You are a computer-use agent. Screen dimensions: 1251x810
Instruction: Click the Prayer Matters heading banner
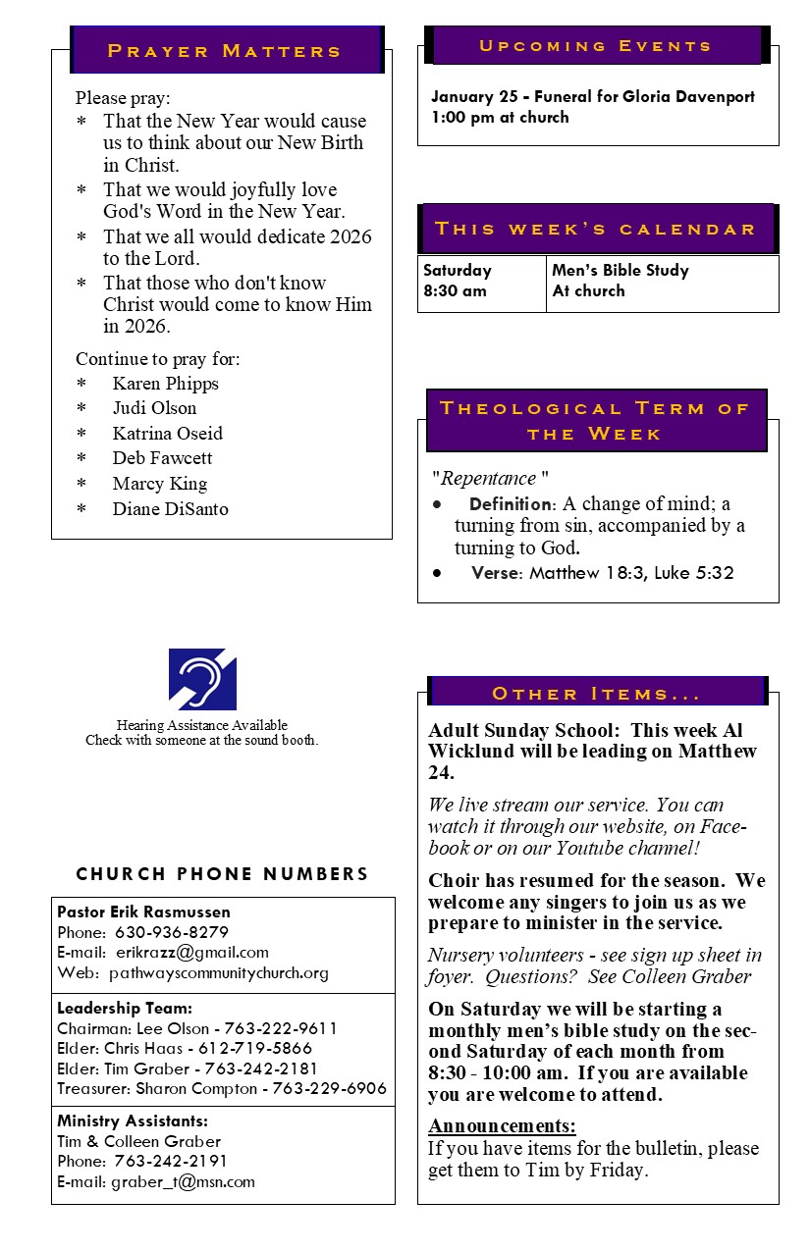coord(225,51)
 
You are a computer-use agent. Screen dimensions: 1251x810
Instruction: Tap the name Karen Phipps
coord(165,384)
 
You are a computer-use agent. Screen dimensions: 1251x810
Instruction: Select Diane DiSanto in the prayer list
coord(170,508)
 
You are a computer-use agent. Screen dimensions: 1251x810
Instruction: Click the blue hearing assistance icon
coord(202,679)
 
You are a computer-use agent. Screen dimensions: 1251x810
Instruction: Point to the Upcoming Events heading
coord(596,46)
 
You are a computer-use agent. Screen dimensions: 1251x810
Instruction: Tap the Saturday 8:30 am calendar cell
coord(481,281)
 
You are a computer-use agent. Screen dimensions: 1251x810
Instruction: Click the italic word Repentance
coord(489,479)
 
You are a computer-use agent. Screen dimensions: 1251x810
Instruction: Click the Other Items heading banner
coord(597,694)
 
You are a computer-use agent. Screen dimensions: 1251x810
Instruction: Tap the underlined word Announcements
coord(502,1125)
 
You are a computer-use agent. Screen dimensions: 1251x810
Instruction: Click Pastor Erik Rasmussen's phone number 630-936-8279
coord(172,932)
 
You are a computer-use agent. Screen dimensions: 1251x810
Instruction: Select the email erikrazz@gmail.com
coord(191,952)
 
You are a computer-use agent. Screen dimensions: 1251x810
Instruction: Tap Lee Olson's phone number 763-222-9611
coord(281,1028)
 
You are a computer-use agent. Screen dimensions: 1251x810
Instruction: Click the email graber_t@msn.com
coord(183,1181)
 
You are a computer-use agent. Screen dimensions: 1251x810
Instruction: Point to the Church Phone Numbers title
coord(223,874)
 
